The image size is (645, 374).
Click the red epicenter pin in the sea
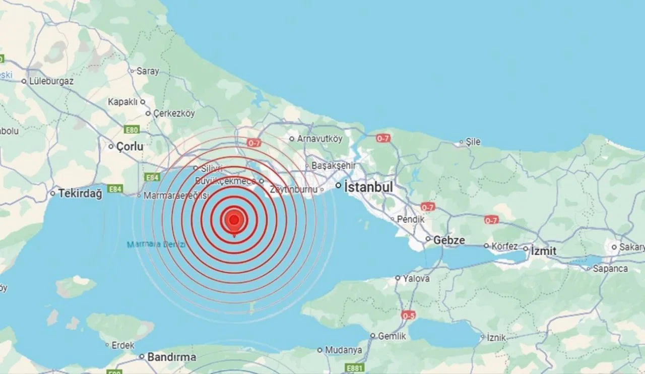tap(234, 220)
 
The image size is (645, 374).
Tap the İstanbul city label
tap(368, 186)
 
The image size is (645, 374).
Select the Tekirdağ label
tap(80, 193)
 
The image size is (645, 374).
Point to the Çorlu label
tap(130, 147)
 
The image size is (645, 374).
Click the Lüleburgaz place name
tap(51, 81)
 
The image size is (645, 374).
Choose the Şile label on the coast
tap(473, 142)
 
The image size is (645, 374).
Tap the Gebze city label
tap(449, 240)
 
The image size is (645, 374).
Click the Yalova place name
tap(416, 278)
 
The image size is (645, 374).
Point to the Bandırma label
tap(171, 357)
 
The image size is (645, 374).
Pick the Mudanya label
tap(344, 350)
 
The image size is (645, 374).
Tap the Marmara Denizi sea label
tap(156, 245)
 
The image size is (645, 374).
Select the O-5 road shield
tap(409, 315)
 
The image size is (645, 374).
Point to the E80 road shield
tap(132, 130)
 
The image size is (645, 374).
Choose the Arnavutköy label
tap(319, 139)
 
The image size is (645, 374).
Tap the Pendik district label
tap(411, 219)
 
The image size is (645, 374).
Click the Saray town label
tap(147, 72)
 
